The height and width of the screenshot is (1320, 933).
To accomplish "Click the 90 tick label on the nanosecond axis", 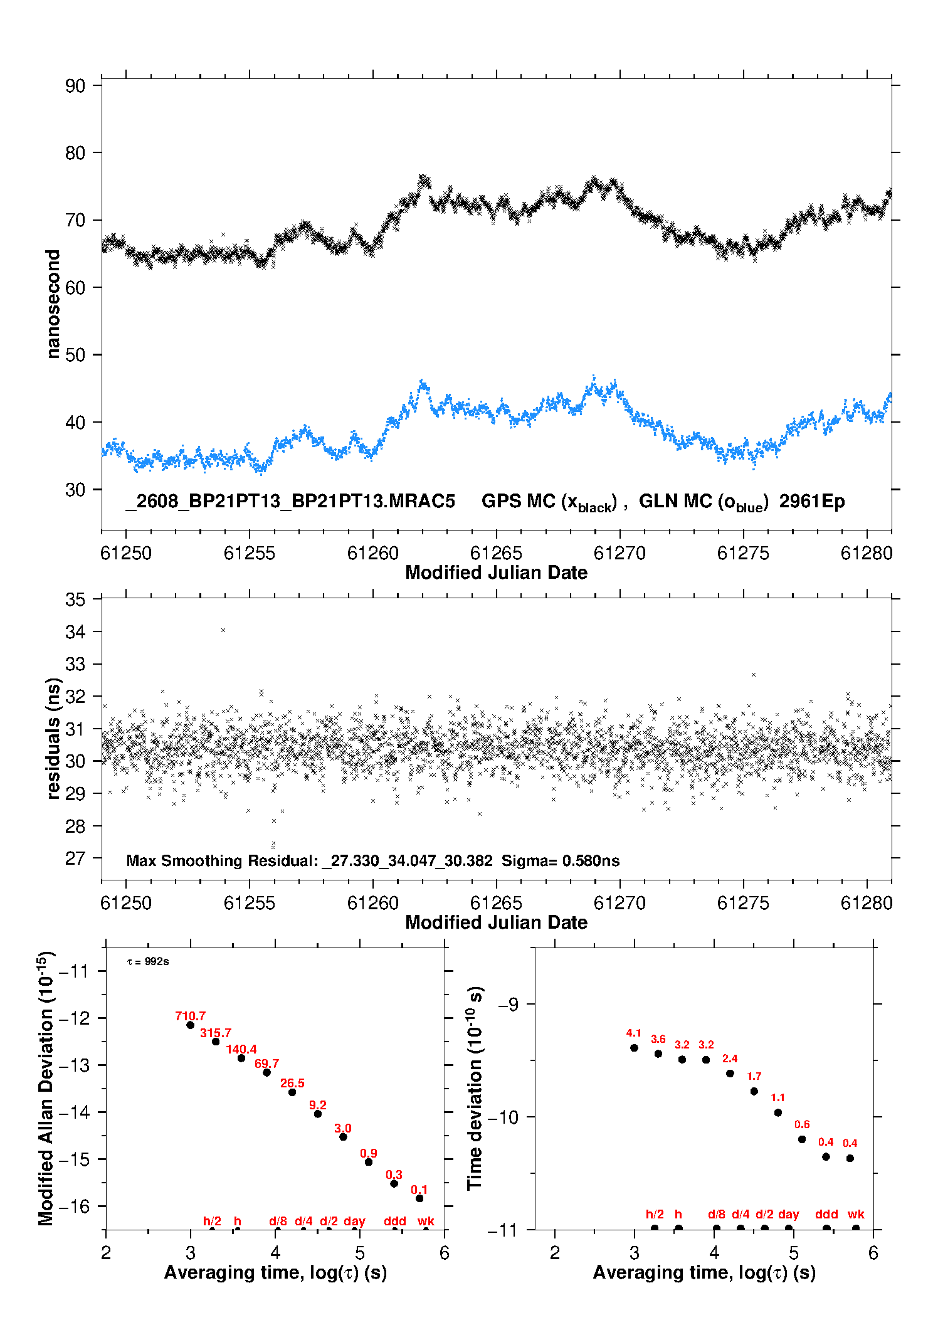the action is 75,86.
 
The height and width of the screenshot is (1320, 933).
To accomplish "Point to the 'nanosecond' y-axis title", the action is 53,304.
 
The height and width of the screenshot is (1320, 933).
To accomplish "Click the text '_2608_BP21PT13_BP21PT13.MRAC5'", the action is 290,502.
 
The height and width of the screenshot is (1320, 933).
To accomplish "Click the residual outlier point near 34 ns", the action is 223,630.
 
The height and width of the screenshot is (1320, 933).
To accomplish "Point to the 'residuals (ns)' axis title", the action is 54,738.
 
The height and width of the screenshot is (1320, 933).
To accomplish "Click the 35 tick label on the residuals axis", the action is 75,599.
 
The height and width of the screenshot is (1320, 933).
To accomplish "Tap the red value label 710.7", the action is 190,1016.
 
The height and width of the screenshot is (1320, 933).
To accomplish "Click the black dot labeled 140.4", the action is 241,1058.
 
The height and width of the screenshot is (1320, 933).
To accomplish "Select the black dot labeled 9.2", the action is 318,1114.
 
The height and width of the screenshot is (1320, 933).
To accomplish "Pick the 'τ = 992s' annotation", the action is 148,961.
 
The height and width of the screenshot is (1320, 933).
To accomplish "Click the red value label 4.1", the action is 634,1033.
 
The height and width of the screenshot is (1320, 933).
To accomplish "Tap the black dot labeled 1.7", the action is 754,1091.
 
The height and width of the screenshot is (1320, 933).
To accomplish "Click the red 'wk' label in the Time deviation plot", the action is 856,1214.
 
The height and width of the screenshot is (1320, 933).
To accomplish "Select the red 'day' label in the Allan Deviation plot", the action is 354,1221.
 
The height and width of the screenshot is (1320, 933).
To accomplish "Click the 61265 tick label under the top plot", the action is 496,553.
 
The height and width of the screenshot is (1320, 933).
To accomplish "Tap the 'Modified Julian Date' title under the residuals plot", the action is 496,922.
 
